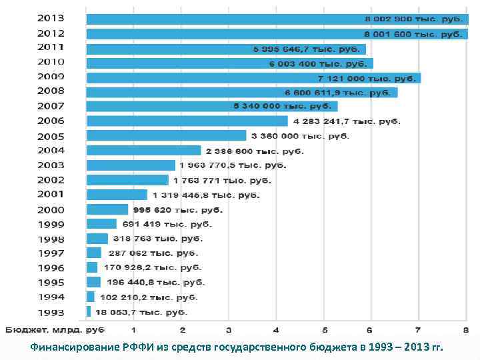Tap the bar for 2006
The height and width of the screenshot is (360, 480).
[187, 121]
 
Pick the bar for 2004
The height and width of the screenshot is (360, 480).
[143, 151]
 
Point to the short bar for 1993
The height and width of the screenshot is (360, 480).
[89, 311]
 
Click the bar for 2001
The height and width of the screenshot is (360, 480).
[117, 195]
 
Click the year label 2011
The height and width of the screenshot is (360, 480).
[51, 47]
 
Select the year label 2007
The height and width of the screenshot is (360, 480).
[51, 106]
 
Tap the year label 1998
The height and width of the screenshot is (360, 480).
[51, 239]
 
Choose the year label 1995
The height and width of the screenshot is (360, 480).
[51, 282]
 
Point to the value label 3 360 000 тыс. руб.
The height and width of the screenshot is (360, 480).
[300, 136]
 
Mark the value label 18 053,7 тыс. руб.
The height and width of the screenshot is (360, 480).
[141, 312]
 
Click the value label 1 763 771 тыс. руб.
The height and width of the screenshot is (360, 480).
[222, 180]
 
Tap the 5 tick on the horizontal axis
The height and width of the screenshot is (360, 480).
[324, 330]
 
